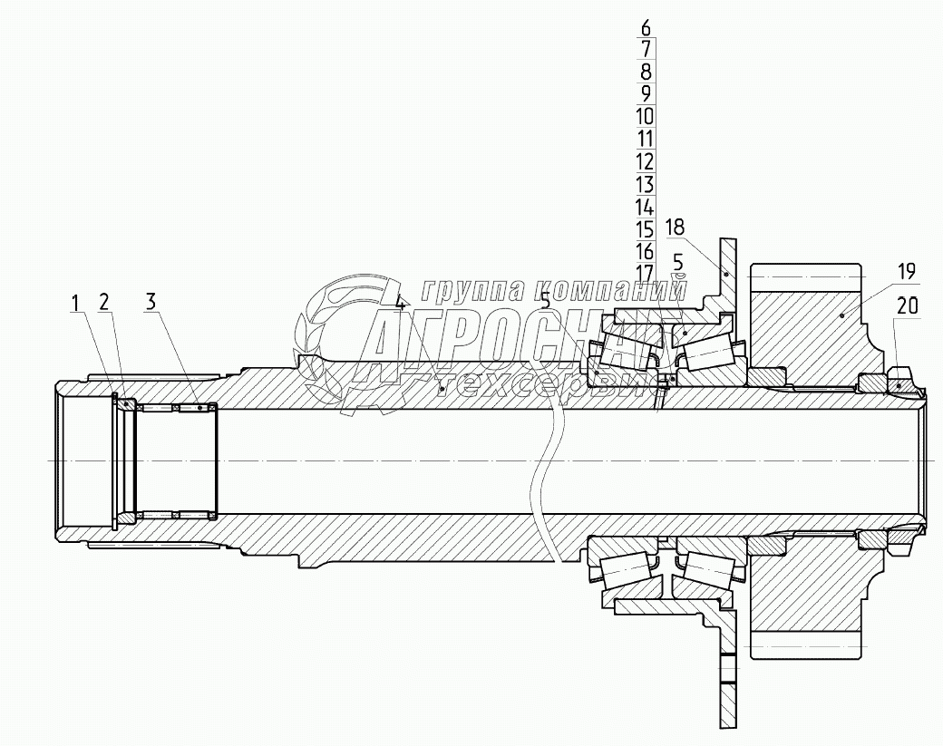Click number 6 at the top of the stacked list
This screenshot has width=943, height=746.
[645, 27]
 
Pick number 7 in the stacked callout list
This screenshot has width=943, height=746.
[645, 50]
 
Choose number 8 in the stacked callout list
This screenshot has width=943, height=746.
[645, 72]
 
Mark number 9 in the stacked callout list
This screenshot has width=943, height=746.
[645, 94]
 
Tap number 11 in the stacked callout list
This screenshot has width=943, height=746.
[645, 139]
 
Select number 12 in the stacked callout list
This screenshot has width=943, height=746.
[645, 161]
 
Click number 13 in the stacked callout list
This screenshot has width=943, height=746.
[645, 184]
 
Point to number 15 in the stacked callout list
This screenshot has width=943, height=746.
[645, 228]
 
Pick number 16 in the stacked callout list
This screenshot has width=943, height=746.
[645, 251]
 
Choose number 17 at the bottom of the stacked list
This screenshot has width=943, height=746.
[645, 273]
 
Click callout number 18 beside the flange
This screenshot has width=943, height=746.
[675, 226]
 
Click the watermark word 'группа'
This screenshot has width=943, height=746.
[461, 289]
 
